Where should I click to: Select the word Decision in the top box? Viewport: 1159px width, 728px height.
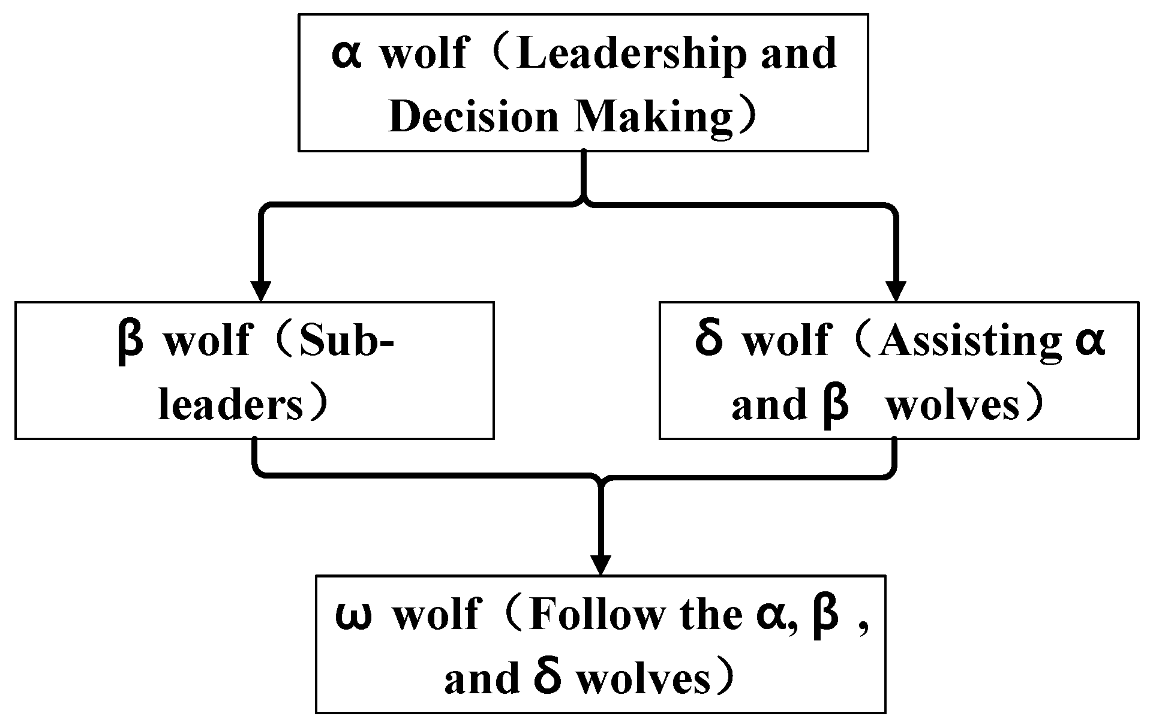pyautogui.click(x=474, y=118)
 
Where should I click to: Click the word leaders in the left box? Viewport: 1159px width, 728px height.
pyautogui.click(x=230, y=406)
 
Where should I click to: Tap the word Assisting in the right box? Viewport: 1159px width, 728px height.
pyautogui.click(x=969, y=342)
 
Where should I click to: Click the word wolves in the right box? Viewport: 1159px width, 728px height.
pyautogui.click(x=953, y=406)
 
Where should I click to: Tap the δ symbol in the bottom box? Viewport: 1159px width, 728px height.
pyautogui.click(x=547, y=678)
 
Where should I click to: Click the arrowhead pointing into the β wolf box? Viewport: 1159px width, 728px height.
pyautogui.click(x=260, y=291)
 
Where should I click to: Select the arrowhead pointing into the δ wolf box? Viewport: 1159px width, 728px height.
pyautogui.click(x=896, y=291)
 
